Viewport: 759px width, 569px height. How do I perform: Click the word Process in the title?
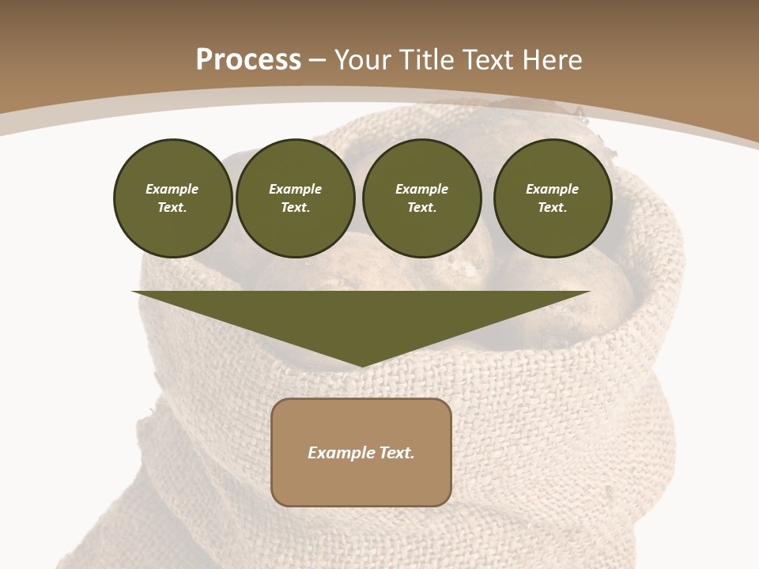pyautogui.click(x=248, y=60)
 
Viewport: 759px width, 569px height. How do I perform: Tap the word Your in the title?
pyautogui.click(x=364, y=60)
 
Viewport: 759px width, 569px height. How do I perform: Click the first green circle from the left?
pyautogui.click(x=173, y=198)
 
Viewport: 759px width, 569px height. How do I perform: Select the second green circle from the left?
pyautogui.click(x=296, y=198)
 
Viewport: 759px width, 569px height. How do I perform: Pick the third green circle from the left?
pyautogui.click(x=422, y=198)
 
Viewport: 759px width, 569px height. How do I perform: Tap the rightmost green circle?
pyautogui.click(x=553, y=198)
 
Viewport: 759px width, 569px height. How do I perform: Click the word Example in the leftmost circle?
pyautogui.click(x=172, y=189)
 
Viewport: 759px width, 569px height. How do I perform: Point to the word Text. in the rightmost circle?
pyautogui.click(x=553, y=207)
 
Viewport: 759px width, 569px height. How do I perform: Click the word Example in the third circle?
pyautogui.click(x=421, y=189)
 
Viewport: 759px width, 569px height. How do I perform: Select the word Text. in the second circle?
pyautogui.click(x=296, y=207)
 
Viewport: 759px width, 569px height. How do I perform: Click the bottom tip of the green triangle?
pyautogui.click(x=362, y=364)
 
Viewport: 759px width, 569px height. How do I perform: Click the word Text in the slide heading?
pyautogui.click(x=486, y=60)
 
